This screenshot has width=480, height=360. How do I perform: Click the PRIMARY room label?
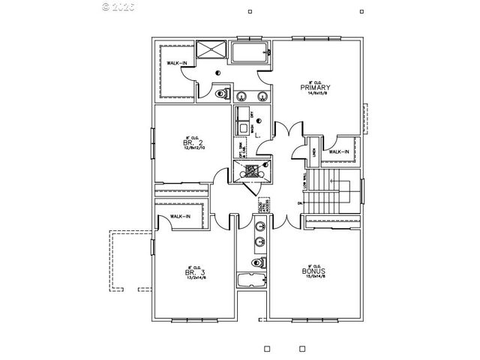pyautogui.click(x=316, y=88)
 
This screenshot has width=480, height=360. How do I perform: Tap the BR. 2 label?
pyautogui.click(x=193, y=142)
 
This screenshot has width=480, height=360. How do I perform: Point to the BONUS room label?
pyautogui.click(x=312, y=271)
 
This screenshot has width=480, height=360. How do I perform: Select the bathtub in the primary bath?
pyautogui.click(x=250, y=53)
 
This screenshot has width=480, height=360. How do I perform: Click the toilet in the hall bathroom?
pyautogui.click(x=256, y=262)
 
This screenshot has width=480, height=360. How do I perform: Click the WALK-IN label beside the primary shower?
pyautogui.click(x=178, y=63)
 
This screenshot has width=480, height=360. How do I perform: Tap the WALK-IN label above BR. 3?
pyautogui.click(x=180, y=217)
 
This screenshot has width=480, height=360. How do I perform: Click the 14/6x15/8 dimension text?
pyautogui.click(x=316, y=94)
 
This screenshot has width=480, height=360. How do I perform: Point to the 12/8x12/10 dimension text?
pyautogui.click(x=193, y=148)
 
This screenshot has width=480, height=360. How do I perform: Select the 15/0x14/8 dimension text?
pyautogui.click(x=312, y=277)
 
